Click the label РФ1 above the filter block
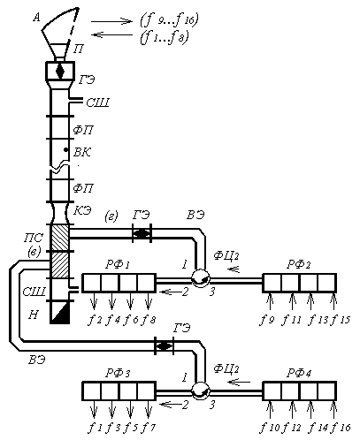click(x=118, y=265)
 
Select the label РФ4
click(x=299, y=374)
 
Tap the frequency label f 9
click(x=267, y=320)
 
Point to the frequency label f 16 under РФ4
click(x=341, y=428)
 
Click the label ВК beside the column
click(x=82, y=152)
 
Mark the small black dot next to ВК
click(x=66, y=150)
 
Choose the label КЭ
click(x=82, y=210)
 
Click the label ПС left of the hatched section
click(x=34, y=238)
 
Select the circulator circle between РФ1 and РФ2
click(x=201, y=277)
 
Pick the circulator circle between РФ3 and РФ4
click(x=201, y=391)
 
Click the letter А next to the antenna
click(x=36, y=18)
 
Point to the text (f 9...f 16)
click(x=170, y=19)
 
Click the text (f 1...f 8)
click(x=165, y=38)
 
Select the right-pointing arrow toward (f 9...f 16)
click(x=111, y=21)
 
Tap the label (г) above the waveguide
click(x=111, y=216)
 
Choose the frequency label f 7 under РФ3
click(x=149, y=428)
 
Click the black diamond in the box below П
click(x=60, y=71)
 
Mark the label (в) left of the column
click(x=34, y=252)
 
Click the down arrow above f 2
click(x=94, y=301)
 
